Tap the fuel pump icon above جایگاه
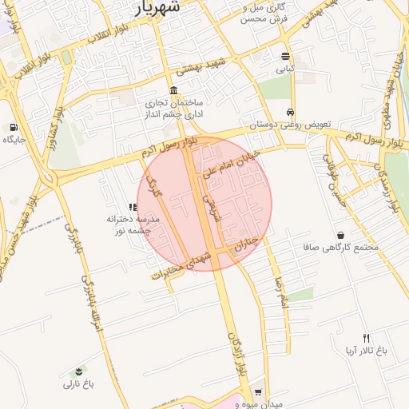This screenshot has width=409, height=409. (14, 126)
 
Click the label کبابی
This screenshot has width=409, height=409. (285, 69)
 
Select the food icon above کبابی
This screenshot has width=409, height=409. (285, 56)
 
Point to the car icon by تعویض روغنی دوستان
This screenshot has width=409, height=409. (290, 112)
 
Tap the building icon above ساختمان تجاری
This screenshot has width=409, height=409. (174, 89)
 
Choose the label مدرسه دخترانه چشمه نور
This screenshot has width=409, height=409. (133, 224)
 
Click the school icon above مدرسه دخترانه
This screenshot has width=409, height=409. (133, 207)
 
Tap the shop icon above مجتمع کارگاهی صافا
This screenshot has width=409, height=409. (341, 235)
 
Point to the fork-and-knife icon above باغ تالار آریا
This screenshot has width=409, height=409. (366, 338)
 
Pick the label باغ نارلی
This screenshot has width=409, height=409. (80, 384)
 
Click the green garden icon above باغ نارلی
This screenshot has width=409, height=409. (78, 371)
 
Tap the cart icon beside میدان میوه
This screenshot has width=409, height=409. (257, 392)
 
